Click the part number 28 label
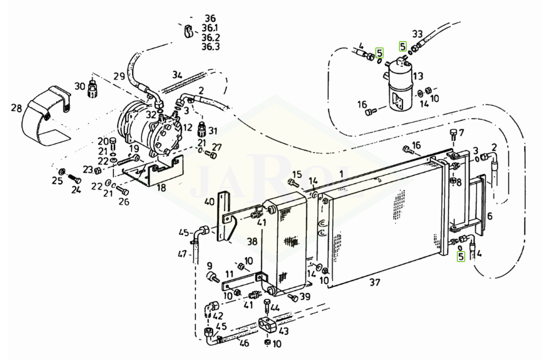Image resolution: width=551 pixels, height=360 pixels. tap(16, 108)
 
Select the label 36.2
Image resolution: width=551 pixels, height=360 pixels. tap(211, 37)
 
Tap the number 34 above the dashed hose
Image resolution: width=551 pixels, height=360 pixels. tap(177, 75)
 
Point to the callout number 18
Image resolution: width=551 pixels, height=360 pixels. tap(161, 187)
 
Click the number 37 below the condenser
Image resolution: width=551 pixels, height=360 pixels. tap(375, 282)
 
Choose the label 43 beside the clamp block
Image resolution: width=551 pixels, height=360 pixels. tap(283, 331)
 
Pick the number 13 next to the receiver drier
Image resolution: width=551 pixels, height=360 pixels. tap(418, 76)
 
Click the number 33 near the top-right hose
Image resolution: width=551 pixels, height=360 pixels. tap(417, 34)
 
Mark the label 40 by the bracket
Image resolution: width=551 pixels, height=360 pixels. tap(209, 202)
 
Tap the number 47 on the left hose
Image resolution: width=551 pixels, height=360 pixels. tap(182, 253)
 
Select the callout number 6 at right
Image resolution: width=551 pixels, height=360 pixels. tap(490, 216)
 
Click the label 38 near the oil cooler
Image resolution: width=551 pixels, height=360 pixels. tap(252, 242)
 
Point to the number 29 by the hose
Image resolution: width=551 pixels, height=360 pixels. tap(119, 76)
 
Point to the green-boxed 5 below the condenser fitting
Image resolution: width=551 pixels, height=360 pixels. tap(460, 257)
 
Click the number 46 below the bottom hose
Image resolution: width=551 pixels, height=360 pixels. tap(244, 343)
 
